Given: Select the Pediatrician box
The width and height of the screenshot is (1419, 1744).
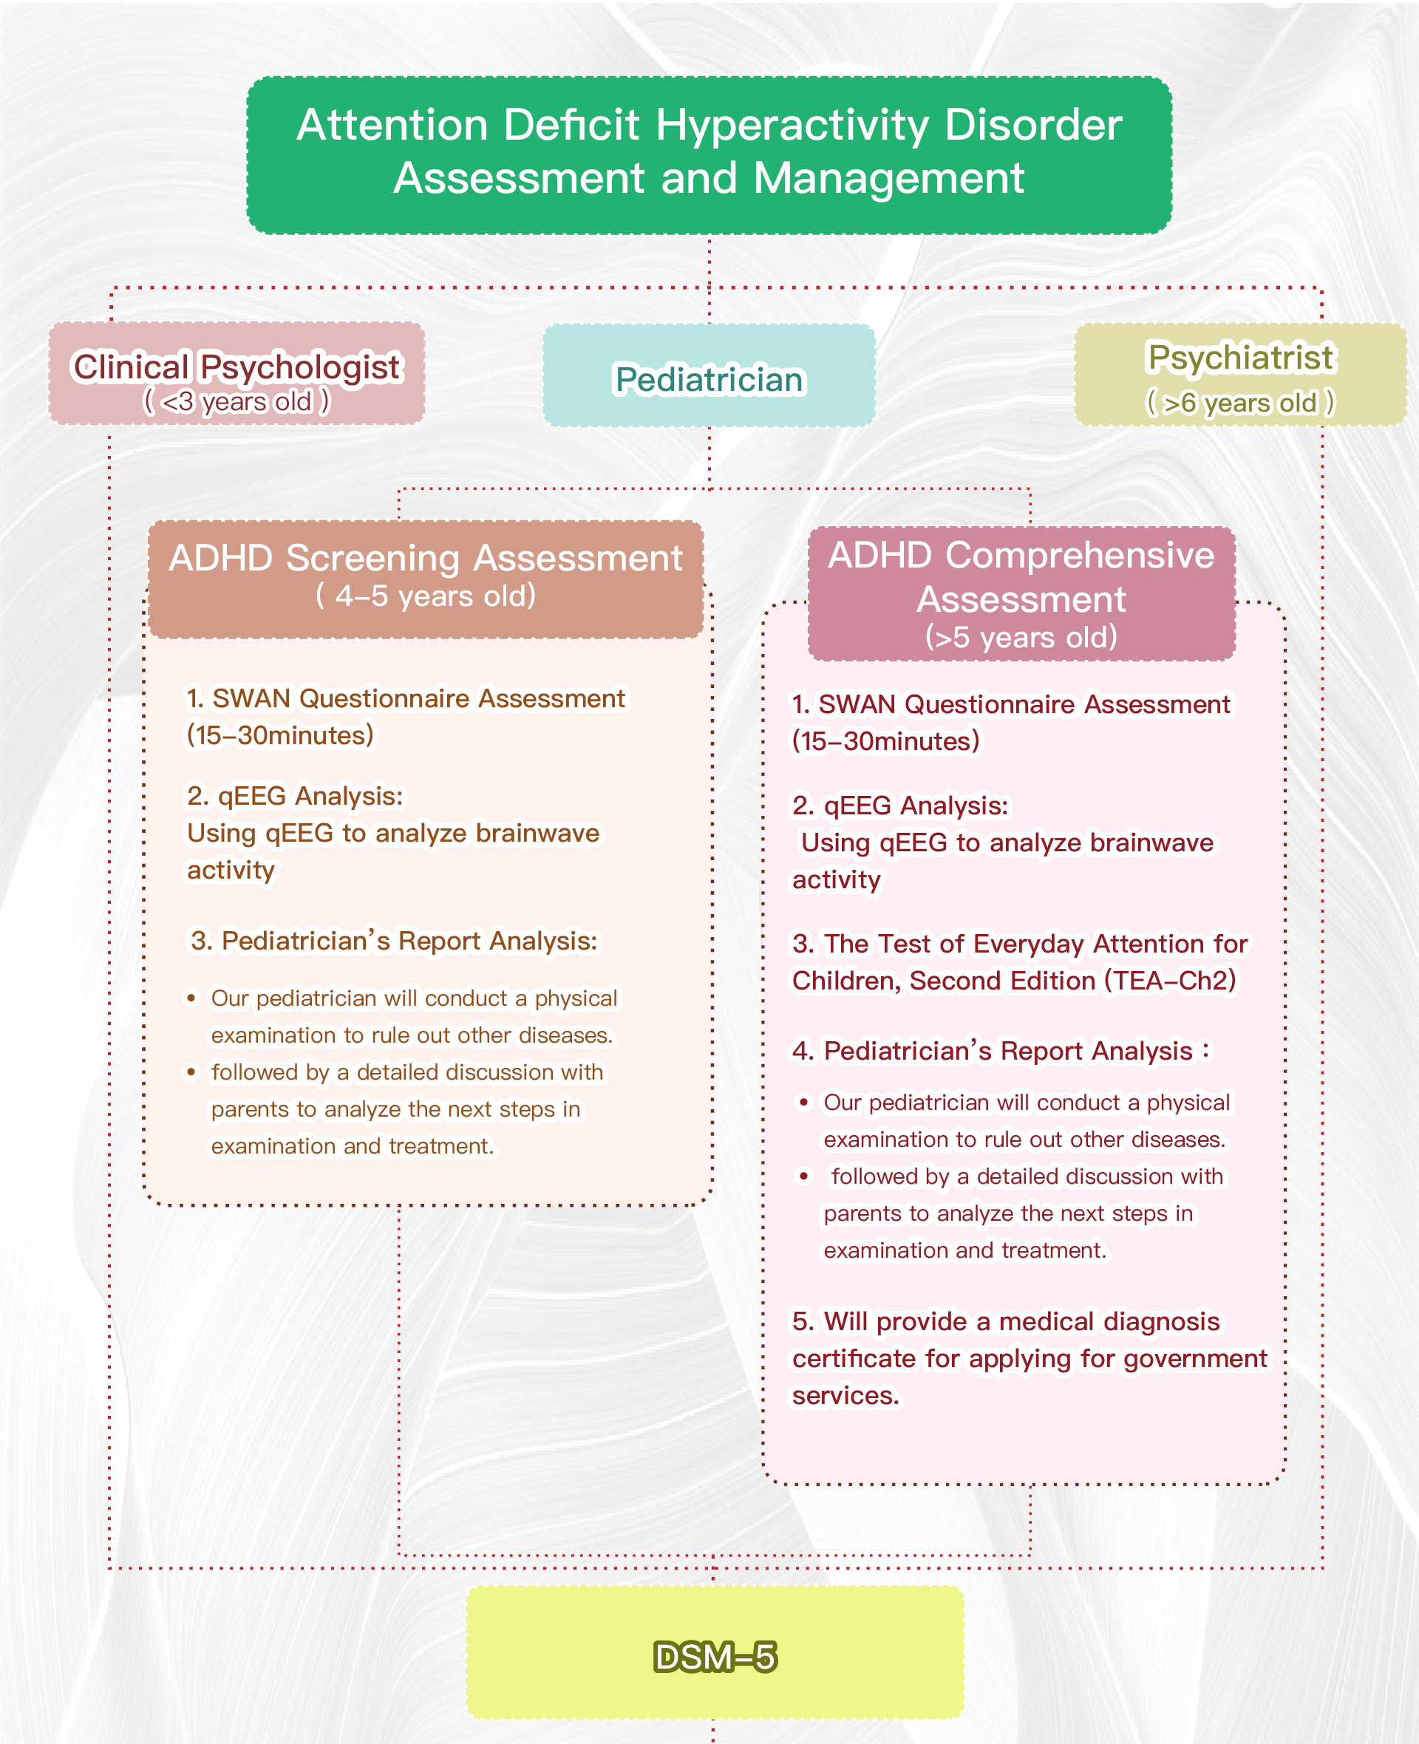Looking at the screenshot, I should coord(709,376).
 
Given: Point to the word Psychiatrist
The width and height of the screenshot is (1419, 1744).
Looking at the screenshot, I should coord(1240,357).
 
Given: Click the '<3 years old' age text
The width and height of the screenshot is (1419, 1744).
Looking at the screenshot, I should coord(236,402).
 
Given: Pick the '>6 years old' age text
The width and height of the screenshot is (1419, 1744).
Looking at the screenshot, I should coord(1240,403).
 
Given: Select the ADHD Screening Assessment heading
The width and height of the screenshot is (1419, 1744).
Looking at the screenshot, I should coord(425,559).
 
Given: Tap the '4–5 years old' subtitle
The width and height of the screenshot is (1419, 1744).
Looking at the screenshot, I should coord(425,596).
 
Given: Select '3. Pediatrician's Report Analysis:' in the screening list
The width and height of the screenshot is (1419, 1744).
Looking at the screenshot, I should coord(393,941).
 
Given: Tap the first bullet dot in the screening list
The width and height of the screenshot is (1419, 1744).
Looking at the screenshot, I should coord(192,998).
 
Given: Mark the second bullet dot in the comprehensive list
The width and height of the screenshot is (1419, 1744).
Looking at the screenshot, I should coord(804,1176).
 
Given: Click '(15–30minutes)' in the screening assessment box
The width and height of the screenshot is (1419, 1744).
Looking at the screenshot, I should coord(279,735).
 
